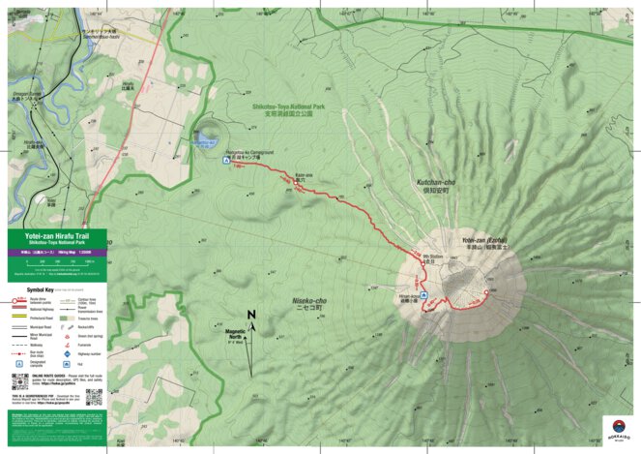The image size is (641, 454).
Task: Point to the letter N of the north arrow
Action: (250, 315)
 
